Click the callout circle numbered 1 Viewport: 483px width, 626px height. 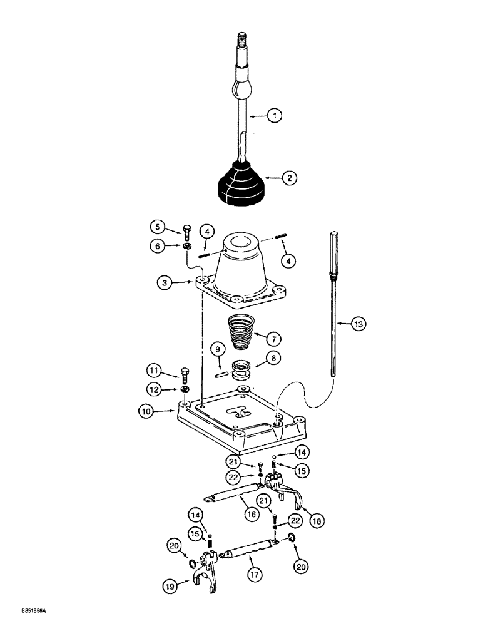(273, 115)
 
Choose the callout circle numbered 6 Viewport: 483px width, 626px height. (157, 246)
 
